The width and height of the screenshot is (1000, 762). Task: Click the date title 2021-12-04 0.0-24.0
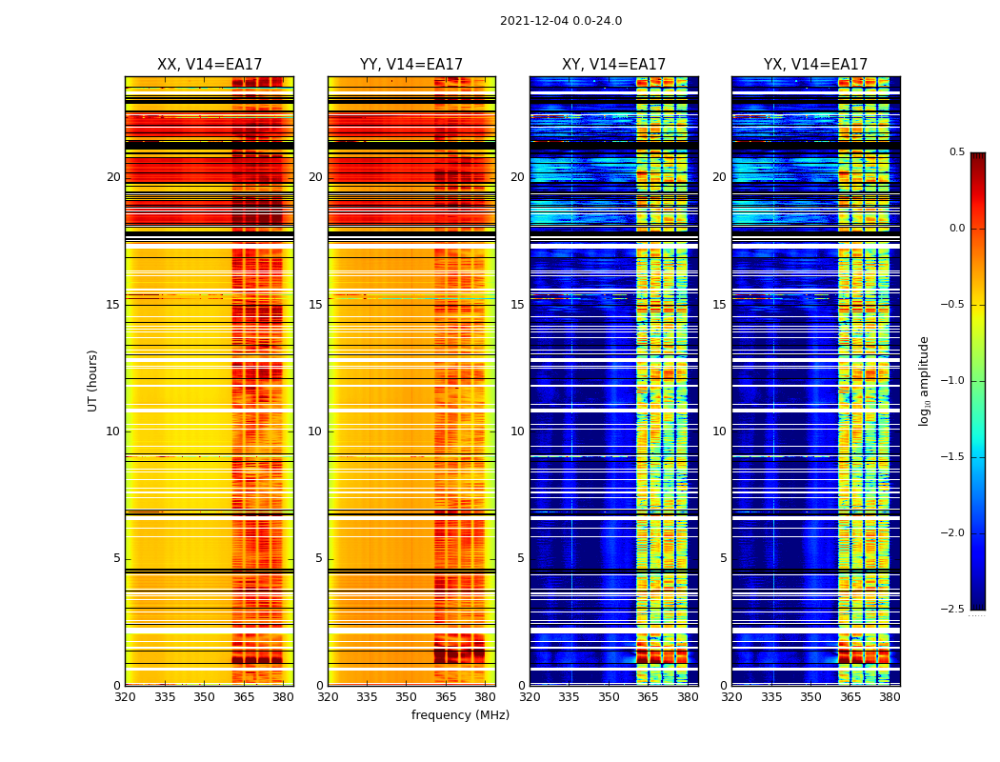pyautogui.click(x=560, y=21)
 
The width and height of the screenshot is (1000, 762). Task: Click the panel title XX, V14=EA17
pyautogui.click(x=210, y=65)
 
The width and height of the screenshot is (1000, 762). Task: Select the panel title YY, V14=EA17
pyautogui.click(x=411, y=65)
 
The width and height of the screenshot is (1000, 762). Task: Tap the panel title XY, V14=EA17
pyautogui.click(x=613, y=65)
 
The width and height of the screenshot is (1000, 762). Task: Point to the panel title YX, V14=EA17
pyautogui.click(x=815, y=65)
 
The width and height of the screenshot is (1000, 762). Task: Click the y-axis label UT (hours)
pyautogui.click(x=93, y=380)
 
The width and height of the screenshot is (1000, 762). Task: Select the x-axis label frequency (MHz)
pyautogui.click(x=460, y=715)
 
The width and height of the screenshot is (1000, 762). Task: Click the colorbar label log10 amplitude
pyautogui.click(x=924, y=380)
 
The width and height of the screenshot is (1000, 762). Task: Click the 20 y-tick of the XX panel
pyautogui.click(x=113, y=177)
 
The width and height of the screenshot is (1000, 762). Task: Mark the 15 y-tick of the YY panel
pyautogui.click(x=315, y=305)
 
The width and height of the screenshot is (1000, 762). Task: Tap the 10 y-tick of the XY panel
pyautogui.click(x=517, y=431)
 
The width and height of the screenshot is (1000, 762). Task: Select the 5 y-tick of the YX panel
pyautogui.click(x=723, y=558)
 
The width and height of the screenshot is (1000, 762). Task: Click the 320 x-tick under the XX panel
pyautogui.click(x=125, y=697)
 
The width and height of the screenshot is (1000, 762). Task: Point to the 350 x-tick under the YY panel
pyautogui.click(x=407, y=697)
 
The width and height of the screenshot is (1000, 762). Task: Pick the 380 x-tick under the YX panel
pyautogui.click(x=890, y=697)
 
